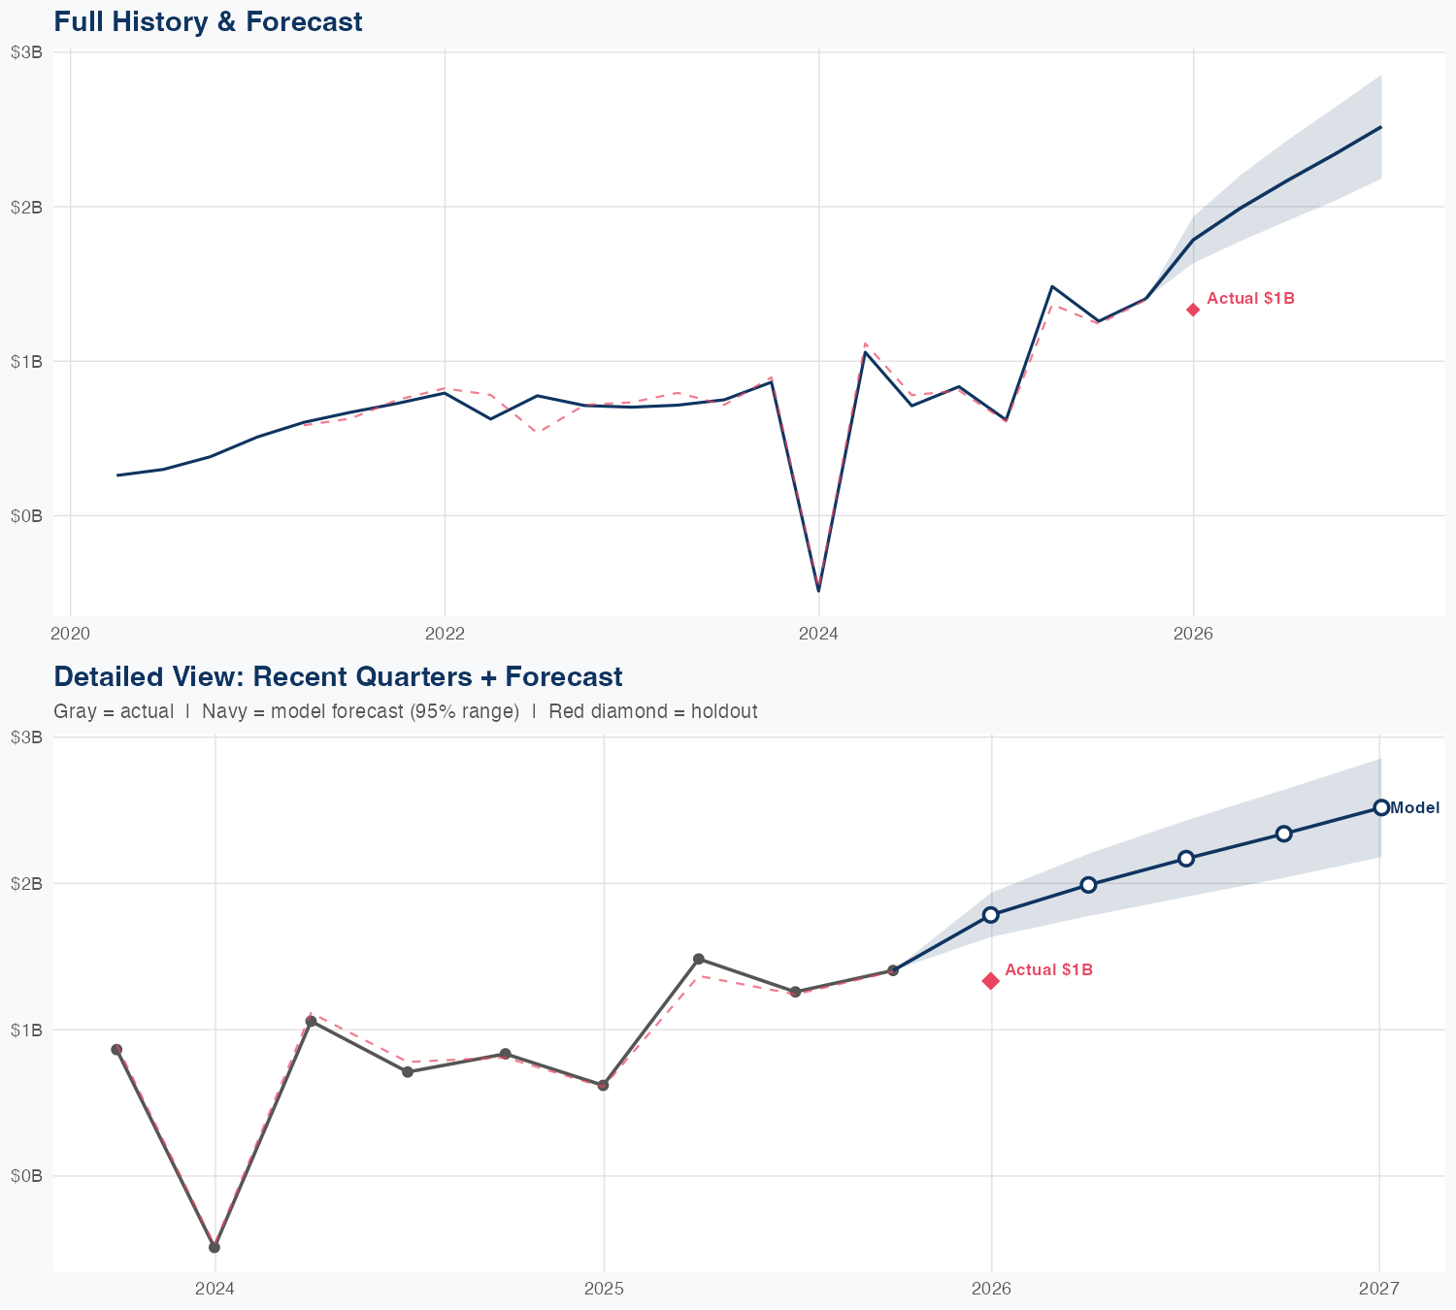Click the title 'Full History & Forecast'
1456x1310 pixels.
point(208,22)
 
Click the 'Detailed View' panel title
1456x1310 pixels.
point(338,676)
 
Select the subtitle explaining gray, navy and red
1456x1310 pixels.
point(405,711)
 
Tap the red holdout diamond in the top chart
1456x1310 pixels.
point(1193,310)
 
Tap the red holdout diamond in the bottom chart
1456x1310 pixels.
point(991,981)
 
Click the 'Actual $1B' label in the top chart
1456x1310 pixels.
point(1250,299)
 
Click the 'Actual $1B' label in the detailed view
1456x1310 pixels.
point(1048,970)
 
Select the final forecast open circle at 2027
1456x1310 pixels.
point(1380,807)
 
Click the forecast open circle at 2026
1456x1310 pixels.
point(991,915)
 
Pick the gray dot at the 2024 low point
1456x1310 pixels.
point(215,1247)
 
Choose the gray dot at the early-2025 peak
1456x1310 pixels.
point(699,959)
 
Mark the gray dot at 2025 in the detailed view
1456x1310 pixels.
point(603,1085)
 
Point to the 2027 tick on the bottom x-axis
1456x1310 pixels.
point(1379,1289)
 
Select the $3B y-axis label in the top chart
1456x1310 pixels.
point(26,52)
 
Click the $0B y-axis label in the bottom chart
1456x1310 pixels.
point(26,1176)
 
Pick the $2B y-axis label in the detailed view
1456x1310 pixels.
point(26,883)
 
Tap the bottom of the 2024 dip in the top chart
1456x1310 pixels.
point(819,590)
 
